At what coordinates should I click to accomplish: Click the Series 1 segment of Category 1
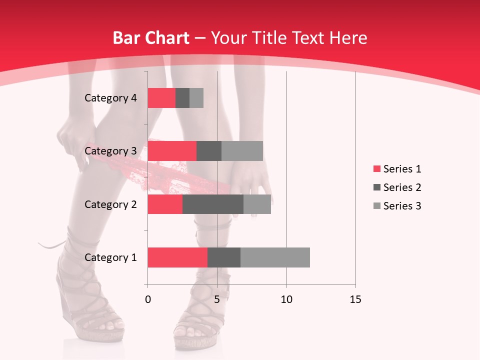pos(177,257)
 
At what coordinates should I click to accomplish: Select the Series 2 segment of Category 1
pos(224,257)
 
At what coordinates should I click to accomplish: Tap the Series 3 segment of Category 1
pos(275,257)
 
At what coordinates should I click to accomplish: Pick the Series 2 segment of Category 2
pos(213,204)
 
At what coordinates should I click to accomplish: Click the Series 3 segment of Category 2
pos(257,204)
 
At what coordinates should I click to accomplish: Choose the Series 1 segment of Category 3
pos(172,151)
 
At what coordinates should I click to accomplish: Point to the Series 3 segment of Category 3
pos(242,151)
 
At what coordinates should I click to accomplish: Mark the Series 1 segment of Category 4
pos(161,98)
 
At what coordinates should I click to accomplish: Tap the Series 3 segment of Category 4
pos(196,98)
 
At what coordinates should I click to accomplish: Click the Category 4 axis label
pos(110,98)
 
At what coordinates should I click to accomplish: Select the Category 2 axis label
pos(110,204)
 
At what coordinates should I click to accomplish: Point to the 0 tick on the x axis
pos(147,299)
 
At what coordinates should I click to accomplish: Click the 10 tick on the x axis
pos(286,299)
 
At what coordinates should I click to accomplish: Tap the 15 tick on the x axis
pos(355,299)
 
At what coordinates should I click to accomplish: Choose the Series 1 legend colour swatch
pos(376,169)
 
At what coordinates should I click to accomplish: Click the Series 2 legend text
pos(402,187)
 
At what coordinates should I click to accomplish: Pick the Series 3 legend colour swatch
pos(376,206)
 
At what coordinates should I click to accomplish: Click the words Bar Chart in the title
pos(151,38)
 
